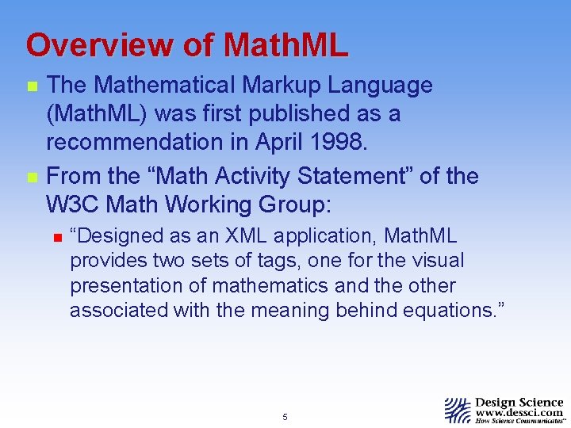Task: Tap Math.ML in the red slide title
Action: point(285,45)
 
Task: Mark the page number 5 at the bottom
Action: point(285,417)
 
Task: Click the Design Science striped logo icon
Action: point(458,410)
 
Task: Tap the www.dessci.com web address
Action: point(519,413)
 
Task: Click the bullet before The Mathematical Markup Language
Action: point(31,86)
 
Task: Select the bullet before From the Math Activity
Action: point(31,177)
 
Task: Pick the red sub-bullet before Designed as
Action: point(57,237)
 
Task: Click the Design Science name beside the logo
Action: point(519,402)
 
